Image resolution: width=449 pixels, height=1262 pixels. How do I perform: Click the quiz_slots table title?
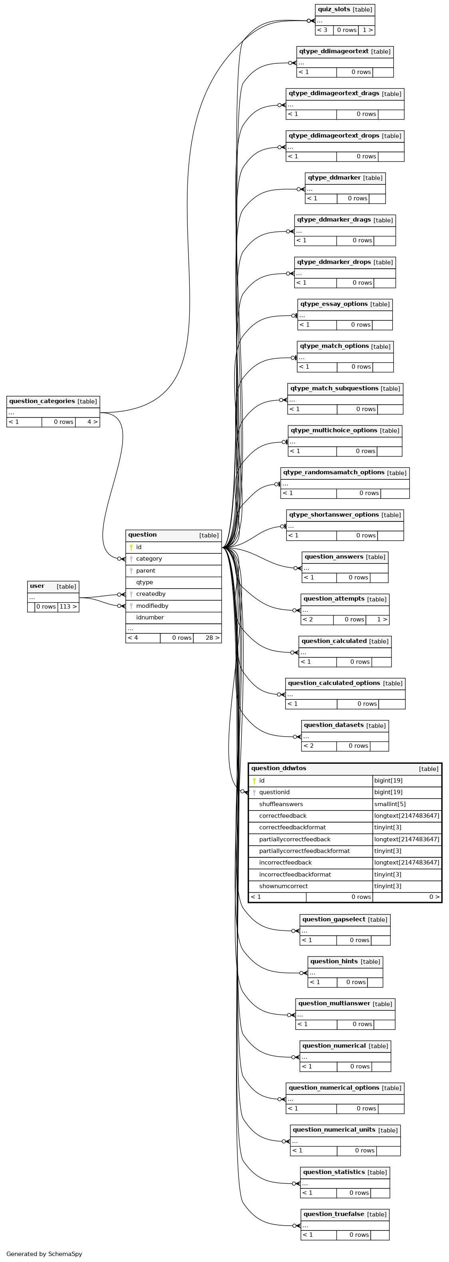pyautogui.click(x=334, y=9)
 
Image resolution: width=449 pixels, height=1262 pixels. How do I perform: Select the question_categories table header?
pyautogui.click(x=53, y=401)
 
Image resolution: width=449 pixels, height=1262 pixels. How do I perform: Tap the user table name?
pyautogui.click(x=37, y=586)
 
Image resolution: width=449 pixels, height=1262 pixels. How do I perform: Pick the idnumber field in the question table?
pyautogui.click(x=150, y=617)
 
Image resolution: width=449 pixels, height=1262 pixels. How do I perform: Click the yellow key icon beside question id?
pyautogui.click(x=131, y=547)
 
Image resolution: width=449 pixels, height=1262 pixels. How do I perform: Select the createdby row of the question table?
pyautogui.click(x=173, y=594)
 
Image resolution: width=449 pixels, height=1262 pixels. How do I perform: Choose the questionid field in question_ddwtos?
pyautogui.click(x=274, y=792)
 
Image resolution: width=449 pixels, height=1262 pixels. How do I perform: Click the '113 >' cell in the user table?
pyautogui.click(x=68, y=607)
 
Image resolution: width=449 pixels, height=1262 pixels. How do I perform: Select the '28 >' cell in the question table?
pyautogui.click(x=207, y=638)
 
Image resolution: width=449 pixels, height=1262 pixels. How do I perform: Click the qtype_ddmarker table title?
pyautogui.click(x=334, y=178)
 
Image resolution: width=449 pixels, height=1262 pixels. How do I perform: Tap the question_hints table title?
pyautogui.click(x=334, y=961)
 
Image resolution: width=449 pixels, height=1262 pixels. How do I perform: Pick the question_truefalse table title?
pyautogui.click(x=334, y=1214)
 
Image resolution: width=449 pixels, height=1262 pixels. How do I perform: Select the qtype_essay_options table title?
pyautogui.click(x=334, y=304)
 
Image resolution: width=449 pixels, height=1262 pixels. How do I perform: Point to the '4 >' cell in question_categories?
pyautogui.click(x=87, y=422)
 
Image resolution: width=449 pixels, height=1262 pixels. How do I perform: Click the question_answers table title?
pyautogui.click(x=334, y=557)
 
